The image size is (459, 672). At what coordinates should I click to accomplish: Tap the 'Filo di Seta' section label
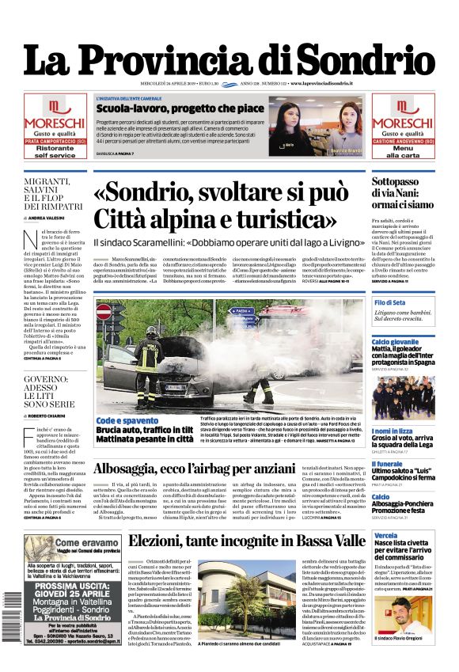point(389,303)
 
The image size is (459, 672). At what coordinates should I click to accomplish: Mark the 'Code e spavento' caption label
point(127,420)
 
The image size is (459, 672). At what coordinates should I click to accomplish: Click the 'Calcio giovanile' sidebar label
point(395,341)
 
